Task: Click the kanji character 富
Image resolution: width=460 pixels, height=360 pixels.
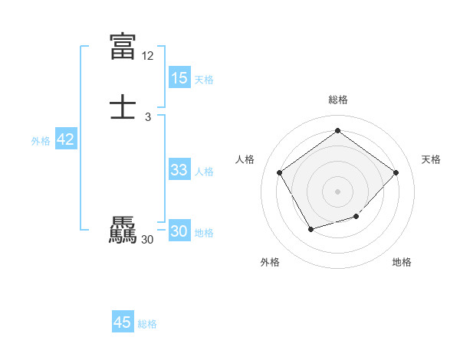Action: (x=123, y=46)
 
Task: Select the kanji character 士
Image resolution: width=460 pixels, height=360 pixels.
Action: (x=123, y=108)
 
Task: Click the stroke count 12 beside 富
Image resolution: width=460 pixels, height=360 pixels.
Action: (x=148, y=56)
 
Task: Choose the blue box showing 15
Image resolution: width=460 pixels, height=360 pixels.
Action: (x=179, y=78)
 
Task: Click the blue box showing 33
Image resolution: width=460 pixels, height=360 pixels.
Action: (x=179, y=170)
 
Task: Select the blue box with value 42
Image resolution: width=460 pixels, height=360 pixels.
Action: (x=66, y=139)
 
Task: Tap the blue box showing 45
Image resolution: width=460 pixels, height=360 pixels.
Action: (x=123, y=322)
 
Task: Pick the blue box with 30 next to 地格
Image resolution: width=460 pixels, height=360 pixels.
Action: (x=179, y=231)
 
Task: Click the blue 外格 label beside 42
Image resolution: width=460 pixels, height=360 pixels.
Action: (x=41, y=141)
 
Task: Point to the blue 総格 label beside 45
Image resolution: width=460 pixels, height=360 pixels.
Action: (x=147, y=324)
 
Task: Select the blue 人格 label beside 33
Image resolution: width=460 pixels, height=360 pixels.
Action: (x=205, y=172)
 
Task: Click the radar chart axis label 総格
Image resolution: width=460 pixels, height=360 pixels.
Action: (x=337, y=100)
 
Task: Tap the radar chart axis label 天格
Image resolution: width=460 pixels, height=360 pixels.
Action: (x=431, y=159)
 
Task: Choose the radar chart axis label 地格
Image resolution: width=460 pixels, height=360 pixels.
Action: (x=402, y=262)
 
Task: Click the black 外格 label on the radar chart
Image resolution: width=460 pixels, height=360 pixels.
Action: (x=270, y=262)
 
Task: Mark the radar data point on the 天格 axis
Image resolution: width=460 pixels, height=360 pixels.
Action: (x=396, y=172)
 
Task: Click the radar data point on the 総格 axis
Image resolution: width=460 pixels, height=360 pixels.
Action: (x=337, y=131)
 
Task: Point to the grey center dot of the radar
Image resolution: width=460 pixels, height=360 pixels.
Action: (x=337, y=191)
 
